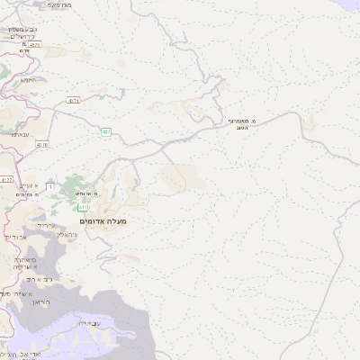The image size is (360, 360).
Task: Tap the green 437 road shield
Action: (x=106, y=131)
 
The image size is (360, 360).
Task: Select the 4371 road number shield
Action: (x=73, y=101)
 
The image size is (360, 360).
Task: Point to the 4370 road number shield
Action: (x=42, y=144)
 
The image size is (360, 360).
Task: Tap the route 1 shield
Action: (x=51, y=186)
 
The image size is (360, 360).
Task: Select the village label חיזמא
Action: (x=27, y=79)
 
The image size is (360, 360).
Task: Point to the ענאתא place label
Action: (x=22, y=133)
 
